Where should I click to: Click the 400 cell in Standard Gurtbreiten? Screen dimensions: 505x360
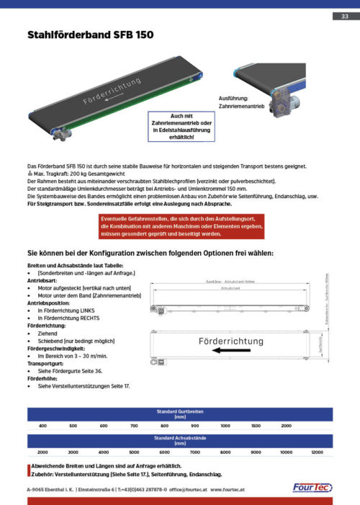click(x=42, y=426)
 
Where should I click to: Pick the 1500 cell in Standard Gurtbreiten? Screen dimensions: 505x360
click(x=256, y=426)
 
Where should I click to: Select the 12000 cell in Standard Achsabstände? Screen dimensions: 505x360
click(x=316, y=451)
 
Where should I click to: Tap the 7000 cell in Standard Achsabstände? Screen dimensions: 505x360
click(x=194, y=451)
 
